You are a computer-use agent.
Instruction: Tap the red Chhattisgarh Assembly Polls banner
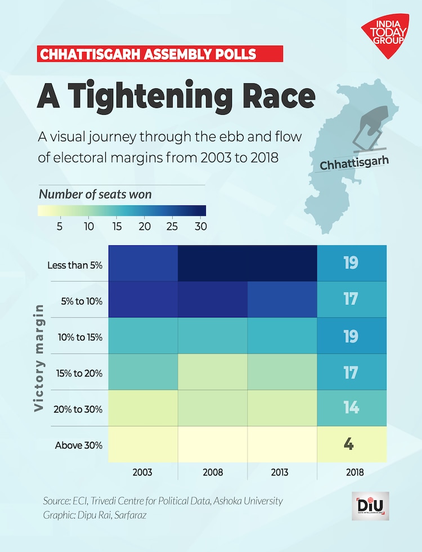pos(160,54)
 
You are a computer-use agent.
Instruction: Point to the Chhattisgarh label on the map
pos(354,163)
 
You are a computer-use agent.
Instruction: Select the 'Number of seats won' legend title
pos(95,194)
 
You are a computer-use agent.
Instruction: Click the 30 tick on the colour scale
pos(200,227)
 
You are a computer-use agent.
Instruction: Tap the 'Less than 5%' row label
pos(78,263)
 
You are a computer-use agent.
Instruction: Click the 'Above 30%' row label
pos(78,445)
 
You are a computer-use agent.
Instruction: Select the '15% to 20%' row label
pos(78,373)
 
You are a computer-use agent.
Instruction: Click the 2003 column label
pos(143,472)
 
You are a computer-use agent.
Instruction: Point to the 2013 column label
pos(282,472)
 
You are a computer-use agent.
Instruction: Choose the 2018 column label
pos(352,472)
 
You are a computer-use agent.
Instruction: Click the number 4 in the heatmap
pos(349,444)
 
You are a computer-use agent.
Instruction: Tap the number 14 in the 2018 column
pos(351,407)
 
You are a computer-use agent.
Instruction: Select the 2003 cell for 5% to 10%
pos(143,299)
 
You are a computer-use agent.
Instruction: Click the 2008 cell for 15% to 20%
pos(213,372)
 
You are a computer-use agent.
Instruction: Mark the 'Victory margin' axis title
pos(39,358)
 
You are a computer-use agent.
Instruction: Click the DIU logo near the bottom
pos(370,506)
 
